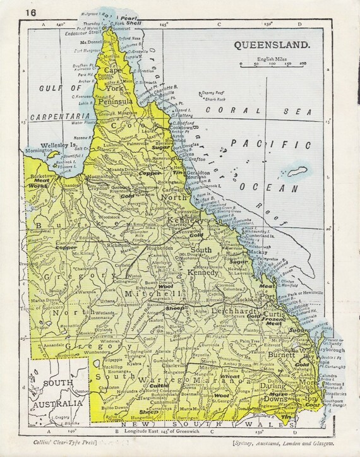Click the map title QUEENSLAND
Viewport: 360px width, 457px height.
tap(272, 45)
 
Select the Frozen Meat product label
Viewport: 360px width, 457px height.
tap(276, 319)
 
